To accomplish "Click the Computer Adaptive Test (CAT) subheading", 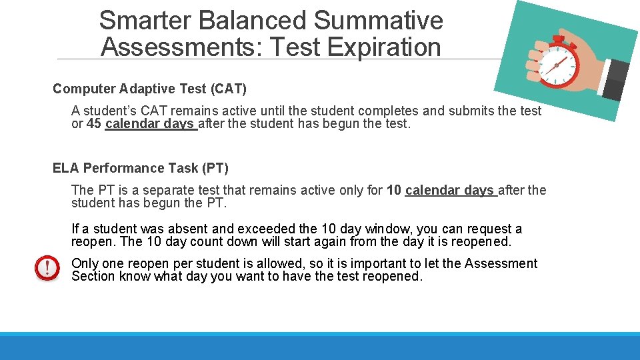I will [x=149, y=89].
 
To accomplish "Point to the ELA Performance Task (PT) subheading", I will [x=140, y=168].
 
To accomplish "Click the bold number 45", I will [x=95, y=124].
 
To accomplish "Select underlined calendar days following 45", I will [x=150, y=124].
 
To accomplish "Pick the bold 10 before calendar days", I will [x=394, y=191].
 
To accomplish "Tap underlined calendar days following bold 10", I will [x=450, y=191].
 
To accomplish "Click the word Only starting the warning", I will [x=85, y=263].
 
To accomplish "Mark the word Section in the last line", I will [x=93, y=277].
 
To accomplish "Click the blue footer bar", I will [x=320, y=347].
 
